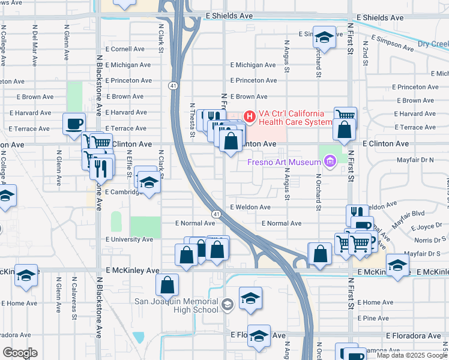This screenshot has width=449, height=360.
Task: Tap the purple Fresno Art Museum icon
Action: coord(328,161)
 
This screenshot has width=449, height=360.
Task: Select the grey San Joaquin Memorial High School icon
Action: coord(227,305)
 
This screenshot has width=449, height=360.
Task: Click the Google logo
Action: coord(20,353)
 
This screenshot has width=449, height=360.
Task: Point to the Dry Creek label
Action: coord(432,44)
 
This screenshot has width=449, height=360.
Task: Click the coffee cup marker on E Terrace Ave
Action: coord(74,124)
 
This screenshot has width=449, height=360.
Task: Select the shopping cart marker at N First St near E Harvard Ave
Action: coord(345,116)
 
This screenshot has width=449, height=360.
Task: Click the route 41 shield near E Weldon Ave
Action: coord(215,214)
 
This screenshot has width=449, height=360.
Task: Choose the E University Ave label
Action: coord(129,239)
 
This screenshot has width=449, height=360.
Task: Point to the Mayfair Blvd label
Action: coord(409,213)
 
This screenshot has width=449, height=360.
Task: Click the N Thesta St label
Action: coord(193,120)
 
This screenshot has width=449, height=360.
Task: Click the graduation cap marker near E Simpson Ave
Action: coord(324,38)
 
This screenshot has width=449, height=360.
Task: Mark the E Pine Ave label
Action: coord(373,318)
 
